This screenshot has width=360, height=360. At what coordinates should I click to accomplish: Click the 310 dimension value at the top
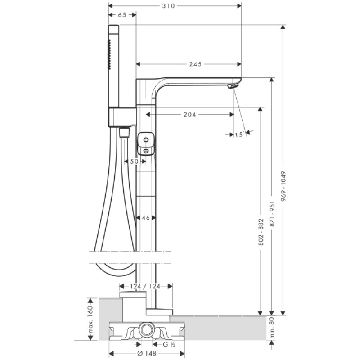click(x=168, y=6)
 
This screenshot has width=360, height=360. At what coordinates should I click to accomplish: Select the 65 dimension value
click(x=122, y=15)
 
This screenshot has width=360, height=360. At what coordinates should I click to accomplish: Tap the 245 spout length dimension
click(x=195, y=64)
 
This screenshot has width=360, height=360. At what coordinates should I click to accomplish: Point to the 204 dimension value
click(x=189, y=114)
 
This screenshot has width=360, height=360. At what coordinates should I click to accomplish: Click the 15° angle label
click(x=239, y=135)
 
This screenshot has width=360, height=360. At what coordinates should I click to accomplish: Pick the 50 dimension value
click(x=134, y=162)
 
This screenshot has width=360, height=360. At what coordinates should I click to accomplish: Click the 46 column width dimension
click(x=146, y=218)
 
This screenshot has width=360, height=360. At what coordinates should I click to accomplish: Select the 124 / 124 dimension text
click(x=145, y=286)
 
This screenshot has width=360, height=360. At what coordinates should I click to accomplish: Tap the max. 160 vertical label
click(x=91, y=319)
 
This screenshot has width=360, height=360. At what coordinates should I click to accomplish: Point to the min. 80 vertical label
click(x=272, y=328)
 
